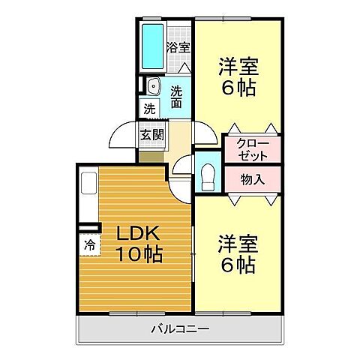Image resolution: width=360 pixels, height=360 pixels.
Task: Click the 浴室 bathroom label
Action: (x=178, y=46)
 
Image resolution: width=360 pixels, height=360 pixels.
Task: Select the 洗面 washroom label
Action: (x=176, y=97)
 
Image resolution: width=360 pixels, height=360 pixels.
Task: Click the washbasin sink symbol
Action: (x=153, y=85)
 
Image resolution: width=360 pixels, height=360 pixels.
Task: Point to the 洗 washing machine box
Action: (x=149, y=108)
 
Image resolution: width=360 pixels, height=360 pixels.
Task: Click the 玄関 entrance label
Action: (x=150, y=136)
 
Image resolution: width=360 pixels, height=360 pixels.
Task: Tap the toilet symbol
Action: (x=207, y=179)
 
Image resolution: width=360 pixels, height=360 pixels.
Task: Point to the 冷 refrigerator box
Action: (x=88, y=244)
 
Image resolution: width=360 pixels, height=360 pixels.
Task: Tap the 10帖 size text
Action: (x=138, y=255)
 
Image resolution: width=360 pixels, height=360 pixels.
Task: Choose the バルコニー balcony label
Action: (x=179, y=328)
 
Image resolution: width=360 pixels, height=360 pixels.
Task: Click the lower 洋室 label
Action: (x=238, y=244)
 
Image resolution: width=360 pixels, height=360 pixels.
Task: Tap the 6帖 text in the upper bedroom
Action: (x=238, y=87)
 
